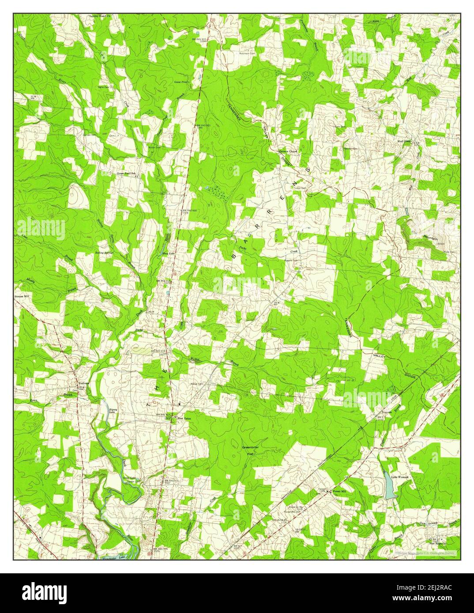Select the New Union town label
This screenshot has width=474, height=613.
[184, 418]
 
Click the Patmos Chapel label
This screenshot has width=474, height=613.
[288, 151]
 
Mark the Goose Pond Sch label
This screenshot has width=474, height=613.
[126, 174]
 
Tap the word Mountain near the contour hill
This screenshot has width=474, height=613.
[429, 239]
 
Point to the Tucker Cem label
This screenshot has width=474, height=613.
[297, 187]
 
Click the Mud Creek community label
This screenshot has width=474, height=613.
[404, 142]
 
